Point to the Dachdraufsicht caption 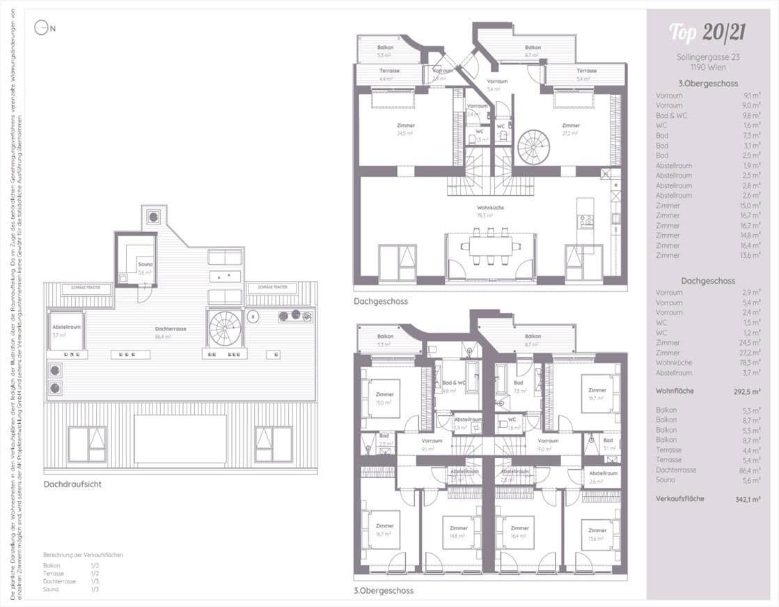[x=72, y=484]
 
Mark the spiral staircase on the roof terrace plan [x=226, y=328]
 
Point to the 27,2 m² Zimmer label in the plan [x=571, y=129]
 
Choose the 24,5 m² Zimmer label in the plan [x=406, y=129]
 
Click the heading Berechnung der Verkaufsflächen [x=83, y=555]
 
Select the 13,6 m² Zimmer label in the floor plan [x=597, y=533]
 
